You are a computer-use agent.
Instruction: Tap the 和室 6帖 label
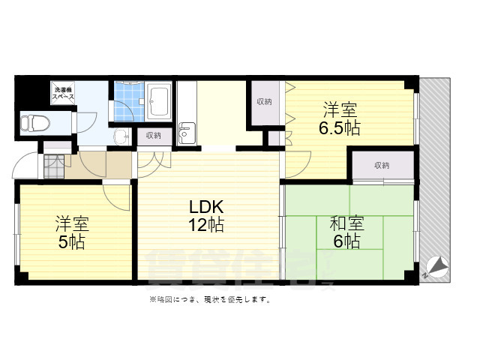347,232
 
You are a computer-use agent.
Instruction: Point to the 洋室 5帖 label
72,232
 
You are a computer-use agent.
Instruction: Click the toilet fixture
35,123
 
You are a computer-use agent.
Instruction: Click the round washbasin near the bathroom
121,138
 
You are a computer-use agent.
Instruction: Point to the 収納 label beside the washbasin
153,136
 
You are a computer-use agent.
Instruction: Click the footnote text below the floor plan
210,299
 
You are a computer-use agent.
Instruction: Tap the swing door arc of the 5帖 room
116,196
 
